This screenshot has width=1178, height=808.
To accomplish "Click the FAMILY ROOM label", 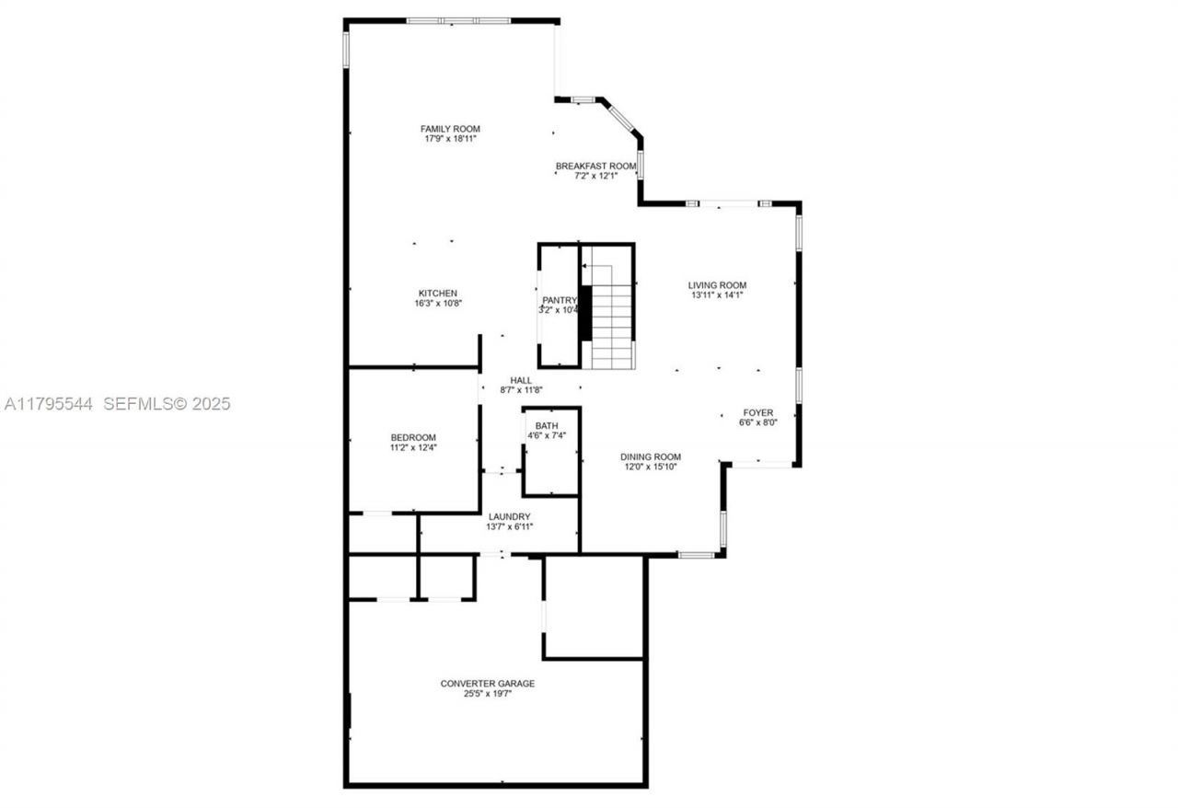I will pos(450,129).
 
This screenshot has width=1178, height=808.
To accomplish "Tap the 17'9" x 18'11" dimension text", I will pos(450,139).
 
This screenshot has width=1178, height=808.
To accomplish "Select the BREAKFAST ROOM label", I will pos(595,166).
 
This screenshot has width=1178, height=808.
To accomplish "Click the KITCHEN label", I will pos(437,294).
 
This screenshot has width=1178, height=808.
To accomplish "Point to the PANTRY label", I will pos(559,300).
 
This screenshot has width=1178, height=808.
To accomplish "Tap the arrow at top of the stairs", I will pos(586,266).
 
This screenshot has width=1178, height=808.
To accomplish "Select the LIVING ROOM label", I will pos(718,285).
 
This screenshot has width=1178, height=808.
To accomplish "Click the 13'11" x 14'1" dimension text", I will pos(718,295).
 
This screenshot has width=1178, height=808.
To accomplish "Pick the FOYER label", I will pos(758,412).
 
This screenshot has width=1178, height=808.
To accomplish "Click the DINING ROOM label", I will pos(650,456).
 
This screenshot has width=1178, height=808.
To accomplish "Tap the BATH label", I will pos(547,425).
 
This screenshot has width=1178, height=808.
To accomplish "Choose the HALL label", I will pos(521,379).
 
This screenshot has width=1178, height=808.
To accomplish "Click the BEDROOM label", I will pos(413,437).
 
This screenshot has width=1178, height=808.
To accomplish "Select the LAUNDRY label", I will pos(509,516).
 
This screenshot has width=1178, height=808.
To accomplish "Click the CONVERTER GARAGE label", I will pos(487,684).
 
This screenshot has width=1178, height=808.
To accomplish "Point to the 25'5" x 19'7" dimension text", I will pos(487,694).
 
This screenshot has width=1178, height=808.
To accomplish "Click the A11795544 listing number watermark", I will pos(48,404).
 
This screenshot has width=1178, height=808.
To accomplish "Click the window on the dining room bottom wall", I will pos(697,555).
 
